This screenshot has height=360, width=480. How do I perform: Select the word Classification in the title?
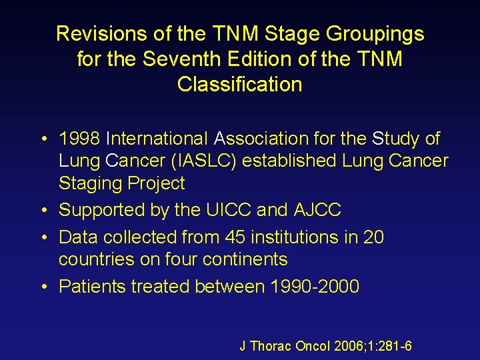click(x=239, y=85)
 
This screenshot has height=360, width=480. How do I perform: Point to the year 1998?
click(x=79, y=139)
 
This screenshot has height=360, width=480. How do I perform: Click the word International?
click(x=156, y=139)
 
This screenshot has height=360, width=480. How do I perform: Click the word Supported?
click(x=101, y=210)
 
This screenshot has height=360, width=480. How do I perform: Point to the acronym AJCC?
click(x=317, y=210)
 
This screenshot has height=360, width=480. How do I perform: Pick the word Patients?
click(x=92, y=287)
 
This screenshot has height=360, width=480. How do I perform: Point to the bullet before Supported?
click(x=43, y=211)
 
